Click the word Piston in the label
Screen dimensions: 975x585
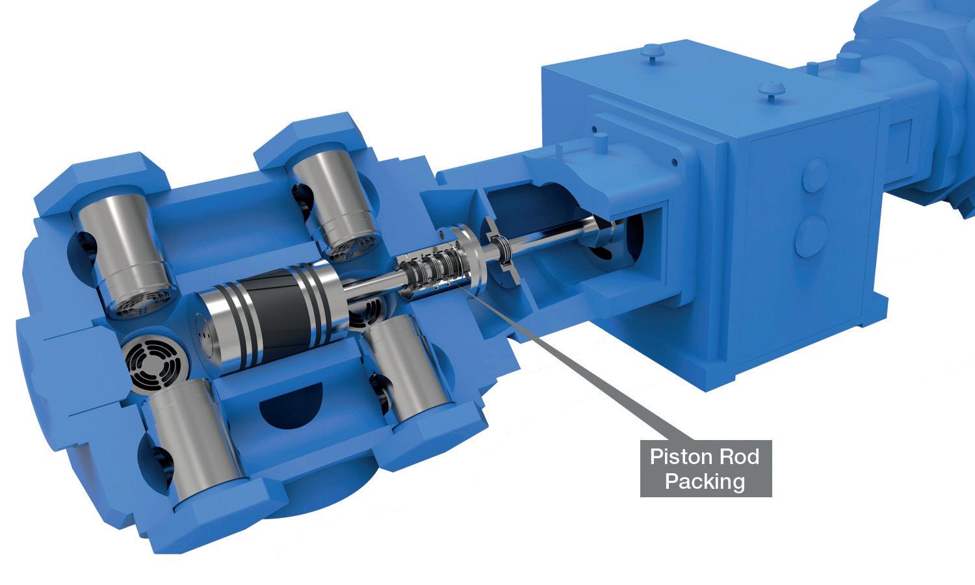pyautogui.click(x=678, y=457)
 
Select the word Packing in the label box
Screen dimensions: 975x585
pyautogui.click(x=705, y=482)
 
